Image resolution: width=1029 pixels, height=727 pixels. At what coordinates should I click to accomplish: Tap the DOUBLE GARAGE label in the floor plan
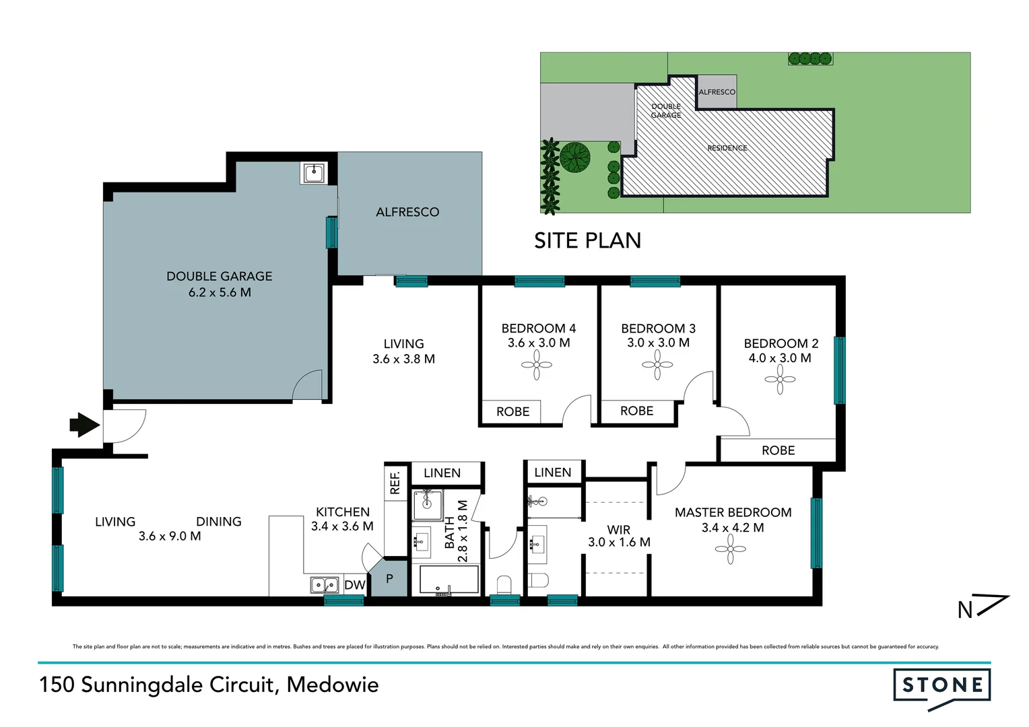[219, 276]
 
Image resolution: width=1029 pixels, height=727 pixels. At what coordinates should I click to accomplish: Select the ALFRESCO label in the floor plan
[407, 212]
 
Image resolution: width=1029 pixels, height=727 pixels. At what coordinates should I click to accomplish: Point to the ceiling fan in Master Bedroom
[731, 549]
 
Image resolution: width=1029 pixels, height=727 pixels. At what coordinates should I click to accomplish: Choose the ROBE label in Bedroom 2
[778, 450]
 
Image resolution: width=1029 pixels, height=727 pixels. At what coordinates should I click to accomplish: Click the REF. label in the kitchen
[395, 483]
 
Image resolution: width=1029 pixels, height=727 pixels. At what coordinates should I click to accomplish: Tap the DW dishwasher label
[354, 585]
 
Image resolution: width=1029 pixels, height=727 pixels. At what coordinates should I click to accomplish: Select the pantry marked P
[389, 579]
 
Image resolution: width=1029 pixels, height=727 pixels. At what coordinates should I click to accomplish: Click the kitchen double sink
[324, 585]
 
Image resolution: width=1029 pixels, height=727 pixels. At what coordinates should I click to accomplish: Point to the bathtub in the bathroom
[449, 580]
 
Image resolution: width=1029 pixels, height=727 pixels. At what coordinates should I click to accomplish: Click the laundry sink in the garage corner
[313, 173]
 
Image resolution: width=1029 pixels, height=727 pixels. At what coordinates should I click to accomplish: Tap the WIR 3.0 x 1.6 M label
[619, 536]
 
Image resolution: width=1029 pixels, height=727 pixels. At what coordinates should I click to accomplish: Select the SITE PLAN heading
[587, 240]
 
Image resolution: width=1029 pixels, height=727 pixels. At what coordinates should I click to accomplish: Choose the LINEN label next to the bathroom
[442, 473]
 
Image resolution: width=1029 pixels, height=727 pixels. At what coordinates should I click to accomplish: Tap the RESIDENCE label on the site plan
[727, 148]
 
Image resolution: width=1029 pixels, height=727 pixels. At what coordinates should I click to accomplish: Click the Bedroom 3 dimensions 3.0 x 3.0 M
[658, 343]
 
